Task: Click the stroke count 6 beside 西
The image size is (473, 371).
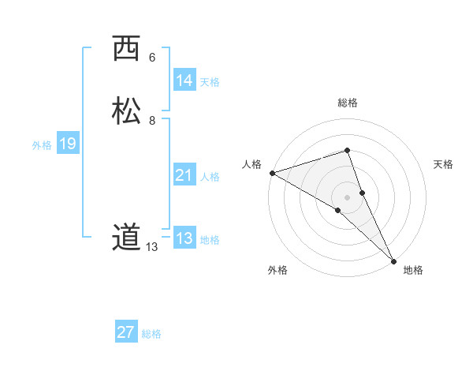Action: [151, 58]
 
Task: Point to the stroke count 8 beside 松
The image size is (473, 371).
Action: [151, 121]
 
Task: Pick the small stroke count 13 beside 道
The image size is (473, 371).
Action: [151, 247]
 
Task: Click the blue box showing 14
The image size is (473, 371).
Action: [184, 81]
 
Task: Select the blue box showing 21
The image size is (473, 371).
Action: [184, 175]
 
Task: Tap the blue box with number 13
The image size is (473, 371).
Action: [184, 238]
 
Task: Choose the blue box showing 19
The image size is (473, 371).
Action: [68, 144]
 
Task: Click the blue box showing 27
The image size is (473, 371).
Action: [126, 332]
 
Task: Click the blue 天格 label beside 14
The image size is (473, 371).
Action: [210, 82]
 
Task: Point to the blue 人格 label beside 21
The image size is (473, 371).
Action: [210, 177]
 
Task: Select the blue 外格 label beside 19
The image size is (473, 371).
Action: [42, 145]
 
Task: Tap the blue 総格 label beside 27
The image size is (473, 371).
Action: [151, 334]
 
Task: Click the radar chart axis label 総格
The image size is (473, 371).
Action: [347, 103]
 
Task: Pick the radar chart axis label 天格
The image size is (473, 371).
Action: [443, 164]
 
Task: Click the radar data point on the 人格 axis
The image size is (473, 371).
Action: [272, 172]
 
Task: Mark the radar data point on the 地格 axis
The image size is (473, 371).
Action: [393, 260]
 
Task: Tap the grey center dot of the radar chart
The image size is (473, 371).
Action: [347, 197]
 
